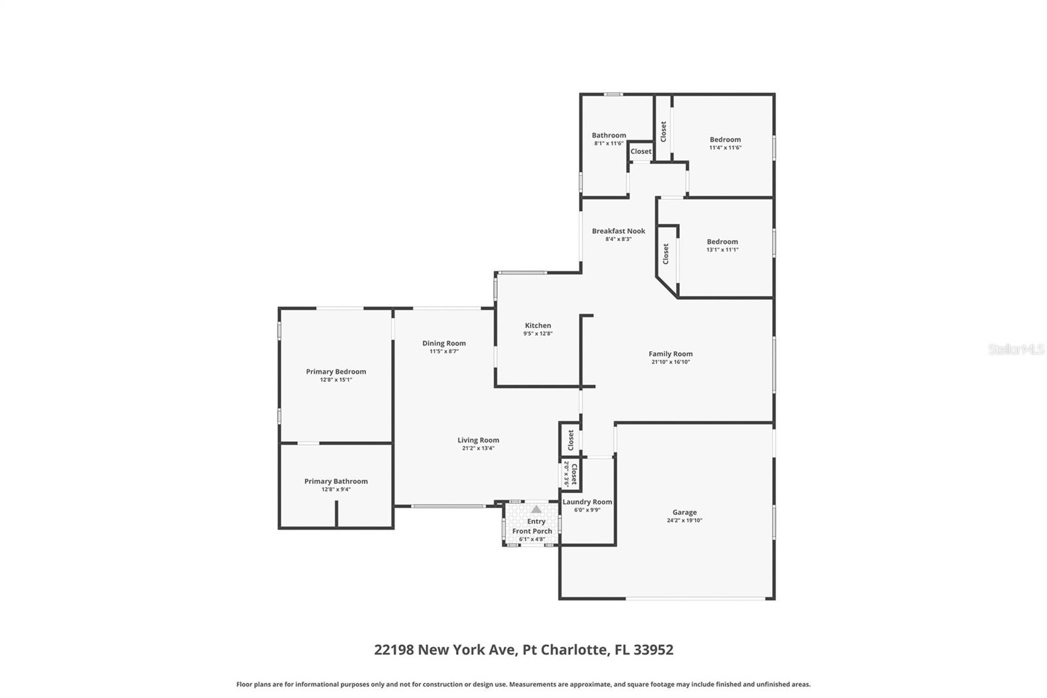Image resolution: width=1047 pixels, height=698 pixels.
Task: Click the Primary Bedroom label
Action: point(336,372)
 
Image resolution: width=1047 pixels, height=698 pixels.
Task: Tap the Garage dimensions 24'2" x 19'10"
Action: point(684,521)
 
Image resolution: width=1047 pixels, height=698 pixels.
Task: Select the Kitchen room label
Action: point(538,325)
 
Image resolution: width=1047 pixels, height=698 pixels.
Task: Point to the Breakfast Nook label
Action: point(618,231)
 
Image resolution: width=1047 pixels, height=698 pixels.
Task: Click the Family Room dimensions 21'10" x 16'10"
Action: point(670,362)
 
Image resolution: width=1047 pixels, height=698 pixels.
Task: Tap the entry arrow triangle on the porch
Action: point(536,509)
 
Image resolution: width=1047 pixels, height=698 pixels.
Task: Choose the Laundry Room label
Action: point(587,502)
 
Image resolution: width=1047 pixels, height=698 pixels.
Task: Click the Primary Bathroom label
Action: point(336,481)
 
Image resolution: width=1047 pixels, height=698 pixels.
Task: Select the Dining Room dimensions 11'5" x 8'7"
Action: point(444,352)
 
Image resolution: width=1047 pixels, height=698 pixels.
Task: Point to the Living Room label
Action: point(478,441)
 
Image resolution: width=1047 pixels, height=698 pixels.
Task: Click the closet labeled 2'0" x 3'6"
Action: point(571,473)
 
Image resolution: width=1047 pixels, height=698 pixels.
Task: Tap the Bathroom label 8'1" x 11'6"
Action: point(609,136)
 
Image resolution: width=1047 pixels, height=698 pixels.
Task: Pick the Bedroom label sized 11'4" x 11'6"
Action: point(725,139)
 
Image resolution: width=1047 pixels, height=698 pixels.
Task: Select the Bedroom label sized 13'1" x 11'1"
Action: point(722,242)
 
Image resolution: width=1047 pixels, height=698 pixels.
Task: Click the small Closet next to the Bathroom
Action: point(641,151)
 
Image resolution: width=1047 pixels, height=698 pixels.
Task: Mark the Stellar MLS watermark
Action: point(1016,350)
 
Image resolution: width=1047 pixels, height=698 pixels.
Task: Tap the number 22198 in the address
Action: point(394,650)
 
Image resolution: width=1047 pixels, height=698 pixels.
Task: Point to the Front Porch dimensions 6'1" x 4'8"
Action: point(532,540)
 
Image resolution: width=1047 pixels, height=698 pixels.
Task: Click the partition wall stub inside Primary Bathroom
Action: point(336,514)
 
